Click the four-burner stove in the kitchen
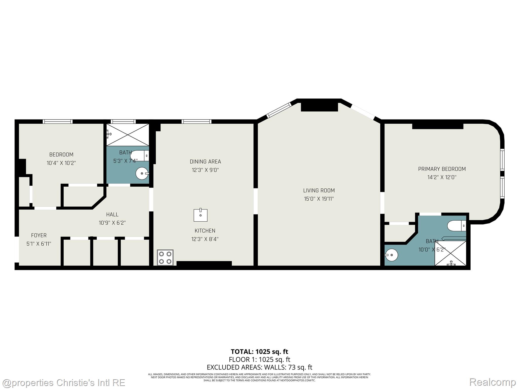pyautogui.click(x=165, y=258)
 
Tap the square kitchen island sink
pyautogui.click(x=200, y=215)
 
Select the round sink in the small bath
pyautogui.click(x=142, y=173)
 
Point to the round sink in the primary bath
pyautogui.click(x=392, y=255)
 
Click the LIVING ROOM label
pyautogui.click(x=319, y=190)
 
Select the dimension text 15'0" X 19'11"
pyautogui.click(x=319, y=199)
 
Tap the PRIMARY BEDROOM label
pyautogui.click(x=442, y=169)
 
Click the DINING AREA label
pyautogui.click(x=205, y=162)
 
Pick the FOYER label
pyautogui.click(x=39, y=235)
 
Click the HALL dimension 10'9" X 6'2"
pyautogui.click(x=112, y=223)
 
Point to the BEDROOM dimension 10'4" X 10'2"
pyautogui.click(x=61, y=163)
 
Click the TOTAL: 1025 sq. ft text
pyautogui.click(x=259, y=352)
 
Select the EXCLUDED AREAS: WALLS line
pyautogui.click(x=259, y=367)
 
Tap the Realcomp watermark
pyautogui.click(x=492, y=382)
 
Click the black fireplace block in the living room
pyautogui.click(x=319, y=107)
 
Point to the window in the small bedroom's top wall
pyautogui.click(x=58, y=122)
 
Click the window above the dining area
pyautogui.click(x=196, y=122)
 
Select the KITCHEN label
pyautogui.click(x=205, y=231)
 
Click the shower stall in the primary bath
pyautogui.click(x=451, y=253)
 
